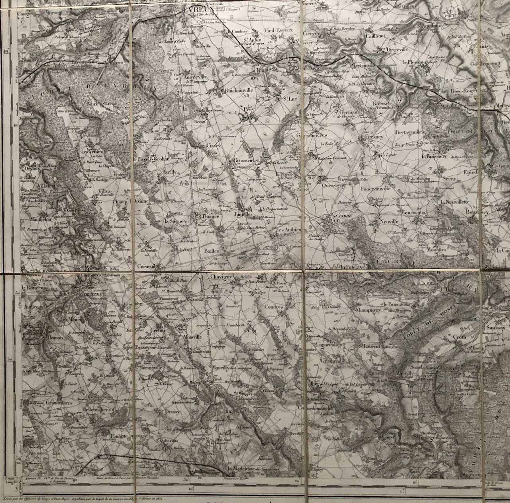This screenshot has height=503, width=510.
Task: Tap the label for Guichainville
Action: pos(237,90)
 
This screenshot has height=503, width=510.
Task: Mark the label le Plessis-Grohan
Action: pos(151,159)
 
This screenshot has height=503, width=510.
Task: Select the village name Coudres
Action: pos(273,307)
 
